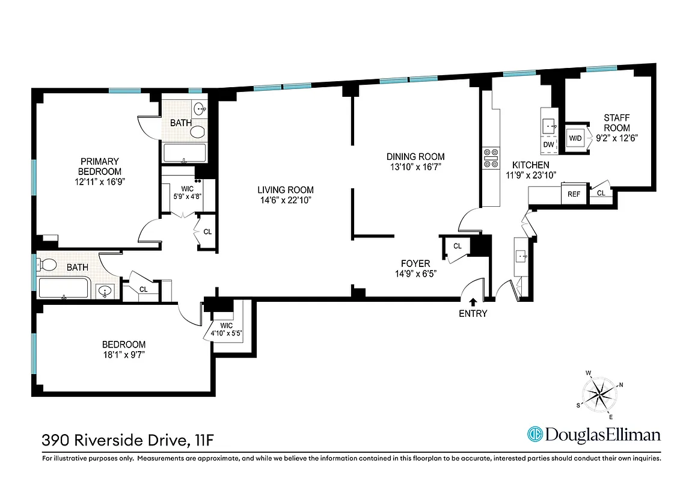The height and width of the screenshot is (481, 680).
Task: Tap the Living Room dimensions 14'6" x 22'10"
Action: [x=275, y=199]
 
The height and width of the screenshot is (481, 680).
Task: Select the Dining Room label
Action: [x=415, y=156]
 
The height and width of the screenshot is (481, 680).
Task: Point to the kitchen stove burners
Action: [x=489, y=158]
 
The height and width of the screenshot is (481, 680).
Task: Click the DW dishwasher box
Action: [x=548, y=145]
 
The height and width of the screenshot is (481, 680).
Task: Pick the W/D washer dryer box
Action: [x=575, y=139]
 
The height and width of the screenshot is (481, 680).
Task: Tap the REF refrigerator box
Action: [x=574, y=194]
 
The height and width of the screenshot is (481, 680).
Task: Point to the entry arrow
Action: [x=473, y=302]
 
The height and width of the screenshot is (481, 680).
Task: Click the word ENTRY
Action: [x=473, y=313]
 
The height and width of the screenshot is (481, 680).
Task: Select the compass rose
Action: [x=599, y=395]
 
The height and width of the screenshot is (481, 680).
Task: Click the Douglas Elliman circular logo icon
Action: [x=535, y=434]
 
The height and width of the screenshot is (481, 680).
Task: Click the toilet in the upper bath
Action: [x=197, y=132]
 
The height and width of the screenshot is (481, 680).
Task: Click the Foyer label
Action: [x=415, y=263]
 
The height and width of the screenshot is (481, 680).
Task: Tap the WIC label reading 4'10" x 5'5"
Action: [x=226, y=330]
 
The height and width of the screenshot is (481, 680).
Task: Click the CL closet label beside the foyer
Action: [x=457, y=246]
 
